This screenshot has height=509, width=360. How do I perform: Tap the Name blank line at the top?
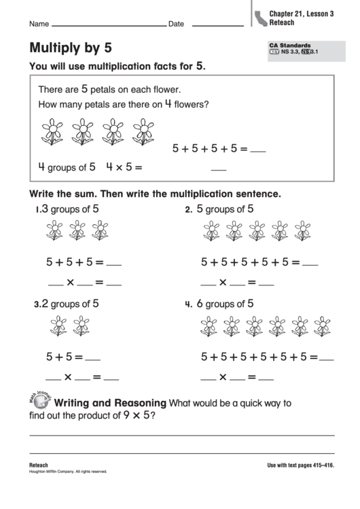pyautogui.click(x=109, y=26)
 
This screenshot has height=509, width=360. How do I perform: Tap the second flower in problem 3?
pyautogui.click(x=82, y=326)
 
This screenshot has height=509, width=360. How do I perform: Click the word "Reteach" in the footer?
pyautogui.click(x=39, y=464)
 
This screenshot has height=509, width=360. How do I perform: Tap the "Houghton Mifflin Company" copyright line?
pyautogui.click(x=68, y=471)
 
